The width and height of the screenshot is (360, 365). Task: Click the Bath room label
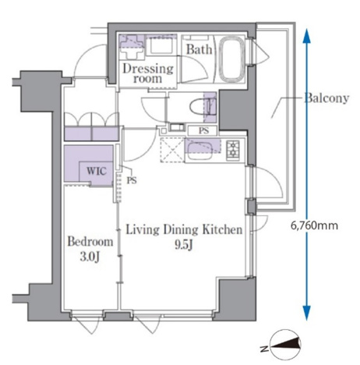coord(199,49)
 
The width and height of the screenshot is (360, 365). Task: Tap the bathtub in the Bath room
coord(232,59)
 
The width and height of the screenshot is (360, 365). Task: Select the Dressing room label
coord(148,73)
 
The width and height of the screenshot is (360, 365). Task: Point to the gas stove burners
coord(233,151)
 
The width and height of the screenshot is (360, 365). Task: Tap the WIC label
coord(97,171)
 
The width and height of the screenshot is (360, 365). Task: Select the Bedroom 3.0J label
coord(90,249)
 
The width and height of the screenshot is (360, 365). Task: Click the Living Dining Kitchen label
coord(184,230)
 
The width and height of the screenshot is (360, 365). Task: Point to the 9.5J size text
coord(183,245)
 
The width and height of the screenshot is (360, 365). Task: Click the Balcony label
coord(326,98)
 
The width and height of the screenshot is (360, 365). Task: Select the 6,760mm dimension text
coord(314,225)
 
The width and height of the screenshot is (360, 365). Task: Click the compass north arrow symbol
coord(286,345)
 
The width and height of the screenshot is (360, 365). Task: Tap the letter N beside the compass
coord(264,349)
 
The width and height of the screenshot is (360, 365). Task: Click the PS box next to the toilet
coord(203,130)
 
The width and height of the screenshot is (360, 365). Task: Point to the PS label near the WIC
coord(132,180)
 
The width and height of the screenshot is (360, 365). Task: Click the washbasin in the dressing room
coord(159,45)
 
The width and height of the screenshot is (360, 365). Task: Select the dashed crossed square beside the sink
coord(172,151)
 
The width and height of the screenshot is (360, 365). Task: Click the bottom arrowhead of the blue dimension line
coord(307,314)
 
